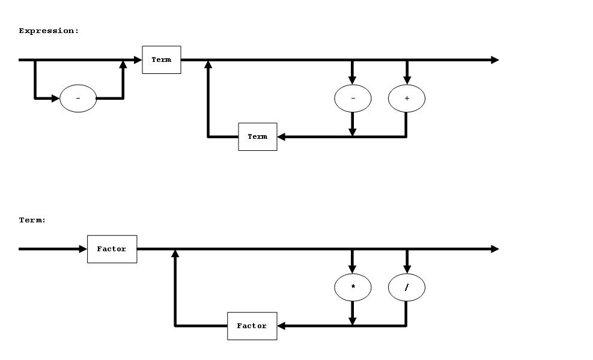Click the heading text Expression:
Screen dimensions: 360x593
49,31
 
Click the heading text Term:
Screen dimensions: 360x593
32,221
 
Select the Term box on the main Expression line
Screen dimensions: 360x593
161,59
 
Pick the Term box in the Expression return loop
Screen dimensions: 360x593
257,136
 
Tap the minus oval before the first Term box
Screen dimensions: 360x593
78,98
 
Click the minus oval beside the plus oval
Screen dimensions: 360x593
353,98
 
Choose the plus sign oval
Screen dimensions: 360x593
407,98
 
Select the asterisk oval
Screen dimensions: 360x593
353,288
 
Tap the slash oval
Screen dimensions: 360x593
407,288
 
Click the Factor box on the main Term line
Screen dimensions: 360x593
112,249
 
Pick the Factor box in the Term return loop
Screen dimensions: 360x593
252,326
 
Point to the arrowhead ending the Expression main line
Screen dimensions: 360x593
494,59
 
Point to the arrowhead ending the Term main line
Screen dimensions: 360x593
494,249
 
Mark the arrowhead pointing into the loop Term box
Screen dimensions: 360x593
281,136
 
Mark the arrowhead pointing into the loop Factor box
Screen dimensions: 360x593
281,326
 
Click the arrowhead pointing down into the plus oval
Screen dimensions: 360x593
407,81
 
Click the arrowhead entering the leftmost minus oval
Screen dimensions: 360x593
56,98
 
